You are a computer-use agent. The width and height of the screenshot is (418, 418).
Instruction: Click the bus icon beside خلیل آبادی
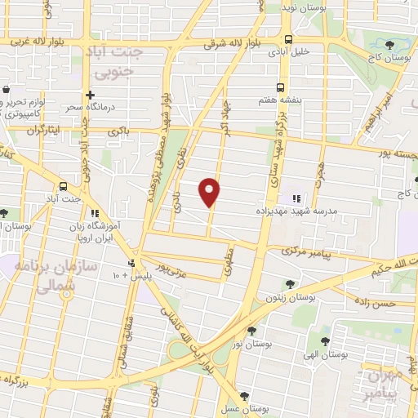click(x=287, y=39)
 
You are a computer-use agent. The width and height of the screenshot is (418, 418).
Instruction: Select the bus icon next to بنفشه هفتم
click(x=280, y=87)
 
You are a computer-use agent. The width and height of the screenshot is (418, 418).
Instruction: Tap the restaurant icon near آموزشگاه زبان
click(x=94, y=215)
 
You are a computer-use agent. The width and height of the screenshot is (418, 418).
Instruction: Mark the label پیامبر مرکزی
click(x=309, y=254)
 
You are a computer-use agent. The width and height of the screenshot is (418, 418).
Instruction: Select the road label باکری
click(x=118, y=130)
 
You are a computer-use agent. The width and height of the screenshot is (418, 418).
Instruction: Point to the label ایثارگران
click(x=45, y=130)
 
